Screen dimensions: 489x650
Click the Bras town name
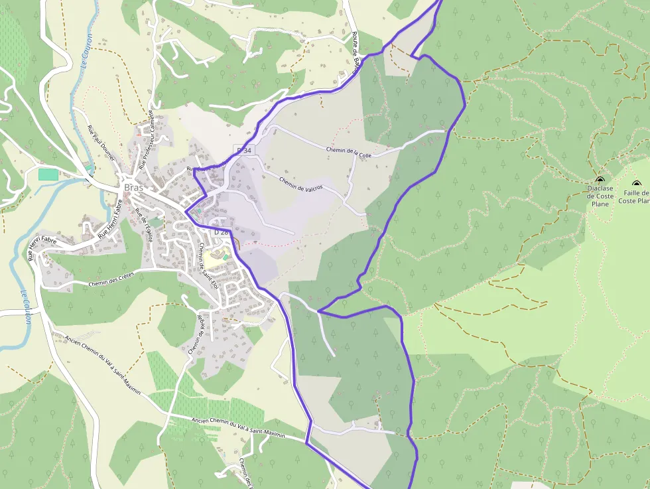tap(134, 187)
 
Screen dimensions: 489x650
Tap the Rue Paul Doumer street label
tap(101, 143)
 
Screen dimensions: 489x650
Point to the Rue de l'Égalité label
tap(144, 226)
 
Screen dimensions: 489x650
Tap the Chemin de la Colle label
tap(349, 152)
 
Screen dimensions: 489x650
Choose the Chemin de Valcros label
tap(300, 184)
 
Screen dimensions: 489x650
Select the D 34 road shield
tap(244, 151)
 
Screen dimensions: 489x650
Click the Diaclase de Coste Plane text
tap(600, 196)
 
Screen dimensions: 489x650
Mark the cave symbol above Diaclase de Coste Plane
tap(600, 180)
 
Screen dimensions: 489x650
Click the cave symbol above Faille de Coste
tap(636, 184)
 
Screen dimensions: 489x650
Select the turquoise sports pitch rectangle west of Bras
tap(48, 175)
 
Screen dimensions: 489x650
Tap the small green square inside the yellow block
tap(226, 257)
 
